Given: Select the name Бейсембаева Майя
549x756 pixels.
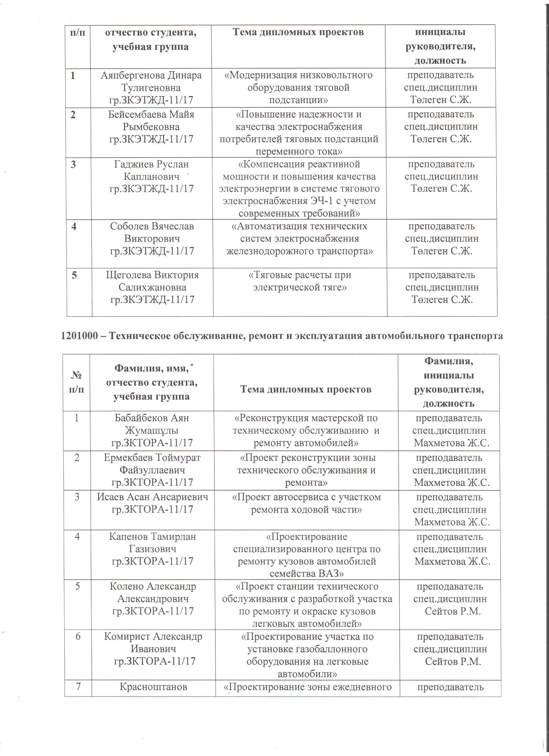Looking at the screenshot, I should point(151,114).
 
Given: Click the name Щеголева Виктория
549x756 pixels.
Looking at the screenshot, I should point(152,275).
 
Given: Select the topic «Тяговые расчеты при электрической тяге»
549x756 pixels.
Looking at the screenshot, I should point(300,281).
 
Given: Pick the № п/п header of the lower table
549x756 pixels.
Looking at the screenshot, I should point(77,382).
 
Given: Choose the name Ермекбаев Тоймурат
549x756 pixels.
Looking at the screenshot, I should point(152,458).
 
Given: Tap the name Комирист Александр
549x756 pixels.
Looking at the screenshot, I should point(153,636).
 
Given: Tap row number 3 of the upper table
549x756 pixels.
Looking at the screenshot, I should point(73,164).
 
